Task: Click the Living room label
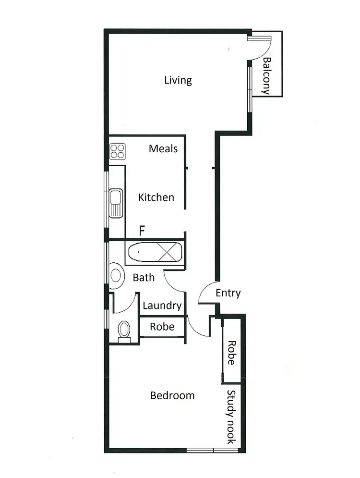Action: click(178, 80)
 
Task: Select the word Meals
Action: click(163, 148)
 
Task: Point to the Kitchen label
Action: click(156, 197)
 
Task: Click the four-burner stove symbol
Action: click(117, 152)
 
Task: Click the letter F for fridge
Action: click(142, 231)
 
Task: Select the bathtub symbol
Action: click(155, 252)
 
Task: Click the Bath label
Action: click(144, 278)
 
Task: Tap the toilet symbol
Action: click(124, 331)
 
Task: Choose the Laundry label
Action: click(162, 306)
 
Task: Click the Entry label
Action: click(228, 293)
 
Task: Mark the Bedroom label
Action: click(172, 396)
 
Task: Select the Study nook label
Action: click(231, 417)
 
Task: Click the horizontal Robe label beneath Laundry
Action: click(162, 327)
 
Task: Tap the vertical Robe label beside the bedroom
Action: click(231, 353)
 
